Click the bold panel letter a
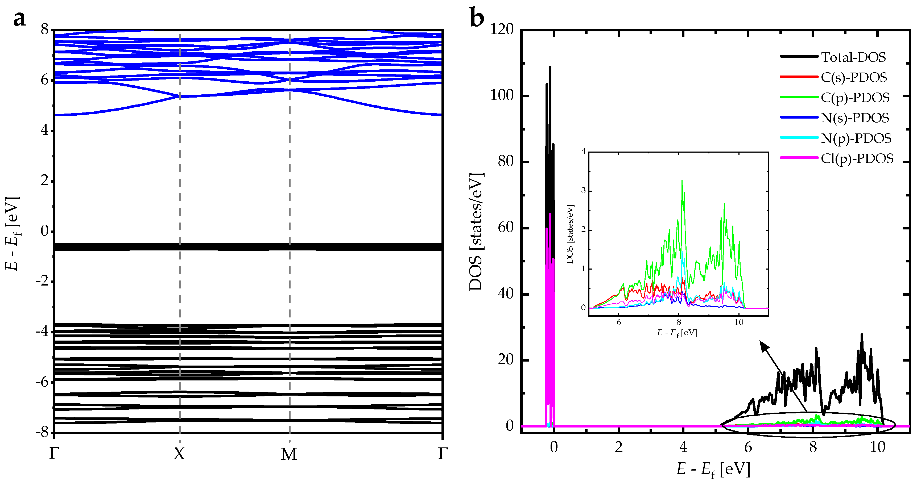click(20, 19)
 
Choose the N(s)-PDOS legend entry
click(855, 118)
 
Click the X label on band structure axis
click(179, 454)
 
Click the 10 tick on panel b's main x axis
click(878, 447)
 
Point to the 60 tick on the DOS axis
click(506, 227)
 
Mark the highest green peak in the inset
click(682, 181)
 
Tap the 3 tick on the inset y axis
click(583, 191)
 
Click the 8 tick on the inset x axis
click(679, 322)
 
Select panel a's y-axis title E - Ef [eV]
click(13, 233)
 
